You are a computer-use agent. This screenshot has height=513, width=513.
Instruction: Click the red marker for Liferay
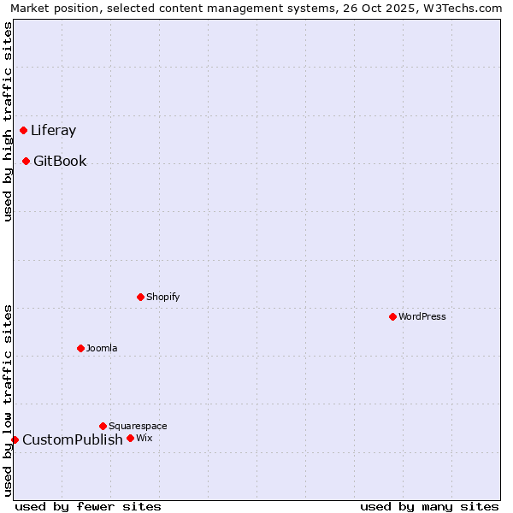coord(24,131)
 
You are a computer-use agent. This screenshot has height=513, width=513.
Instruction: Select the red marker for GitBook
coord(27,162)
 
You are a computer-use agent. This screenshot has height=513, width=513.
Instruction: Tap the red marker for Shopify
coord(140,298)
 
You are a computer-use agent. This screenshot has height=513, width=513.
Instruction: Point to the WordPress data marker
coord(392,317)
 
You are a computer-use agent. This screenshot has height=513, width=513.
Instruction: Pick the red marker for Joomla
coord(80,349)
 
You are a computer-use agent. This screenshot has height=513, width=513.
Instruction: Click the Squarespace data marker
coord(103,426)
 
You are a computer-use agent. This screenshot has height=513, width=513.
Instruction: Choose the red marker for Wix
coord(130,439)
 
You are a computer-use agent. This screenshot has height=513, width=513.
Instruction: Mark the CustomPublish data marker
coord(15,440)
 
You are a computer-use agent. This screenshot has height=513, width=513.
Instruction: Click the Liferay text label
coord(53,131)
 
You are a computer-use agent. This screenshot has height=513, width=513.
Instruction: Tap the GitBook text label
coord(60,162)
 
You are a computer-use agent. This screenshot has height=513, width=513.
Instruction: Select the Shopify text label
coord(162,298)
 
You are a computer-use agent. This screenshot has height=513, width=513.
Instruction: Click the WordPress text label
coord(422,317)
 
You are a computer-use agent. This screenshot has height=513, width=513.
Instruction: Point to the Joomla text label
coord(102,349)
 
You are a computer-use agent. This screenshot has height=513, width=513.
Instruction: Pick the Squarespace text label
coord(138,426)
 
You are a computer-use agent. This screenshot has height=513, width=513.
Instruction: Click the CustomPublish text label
coord(73,440)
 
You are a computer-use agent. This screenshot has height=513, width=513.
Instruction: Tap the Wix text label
coord(144,439)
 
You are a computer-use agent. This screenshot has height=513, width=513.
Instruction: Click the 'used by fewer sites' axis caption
coord(88,506)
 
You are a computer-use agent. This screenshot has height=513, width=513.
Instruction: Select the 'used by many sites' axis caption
coord(429,506)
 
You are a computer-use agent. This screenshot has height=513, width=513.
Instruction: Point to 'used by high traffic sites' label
coord(8,121)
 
